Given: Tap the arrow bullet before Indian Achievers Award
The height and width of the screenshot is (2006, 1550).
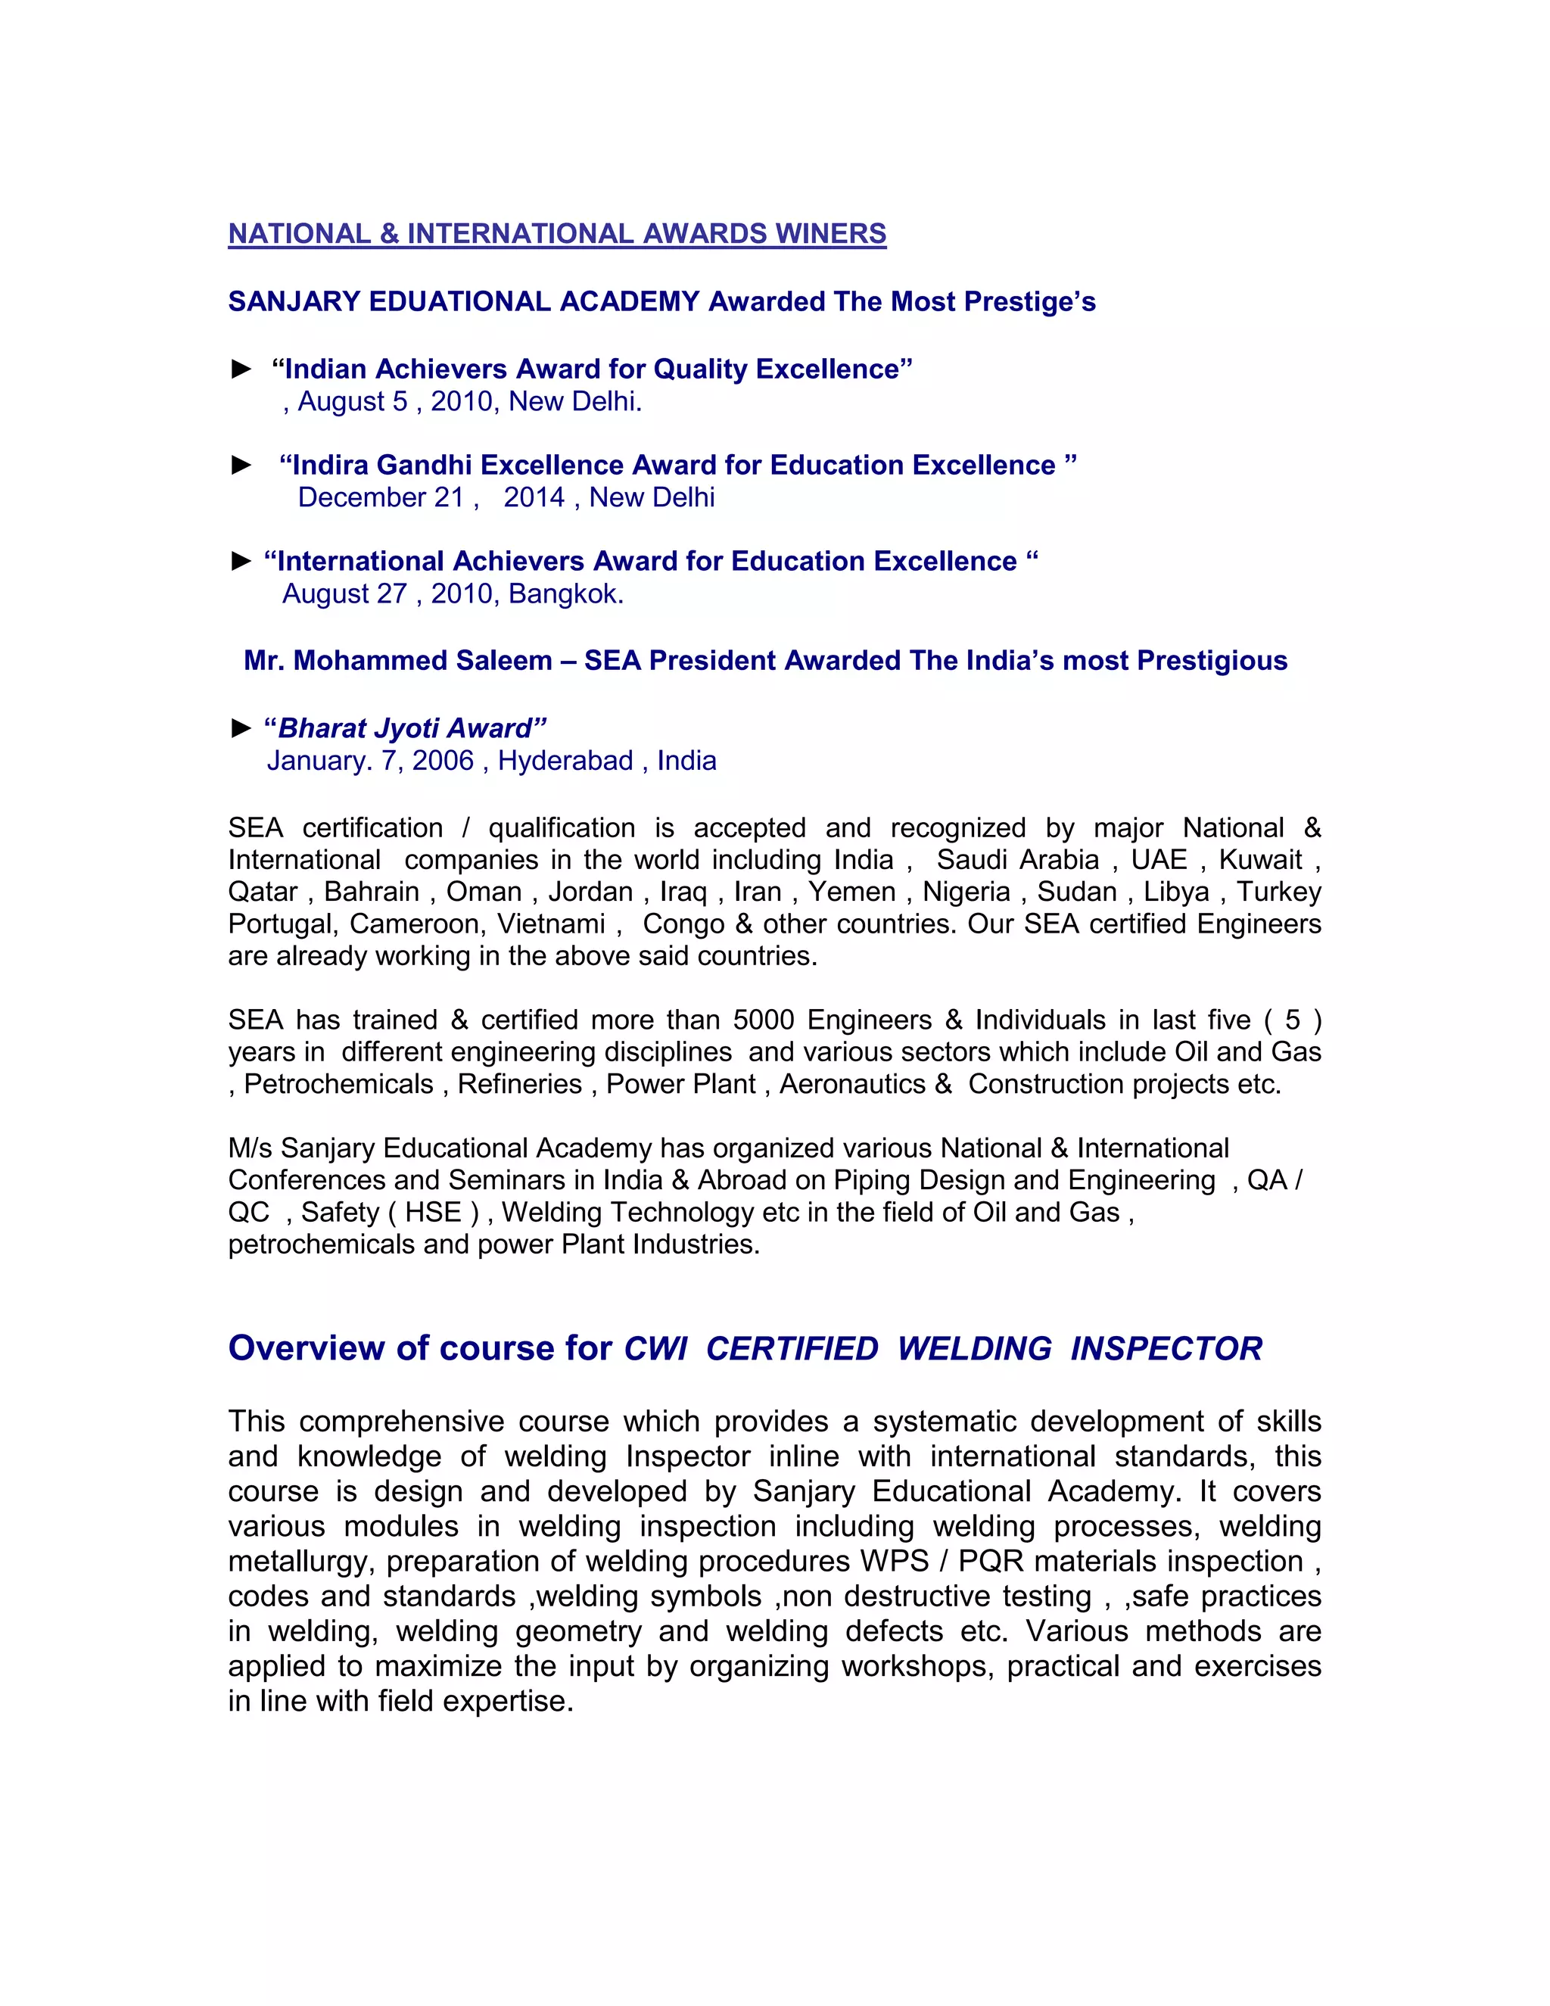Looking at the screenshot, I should [241, 369].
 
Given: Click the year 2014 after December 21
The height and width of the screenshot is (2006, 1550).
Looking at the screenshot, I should [534, 498].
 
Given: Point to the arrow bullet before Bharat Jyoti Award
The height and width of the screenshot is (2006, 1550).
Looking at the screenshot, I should [241, 728].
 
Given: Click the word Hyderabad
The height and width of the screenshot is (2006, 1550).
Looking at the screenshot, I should [565, 761].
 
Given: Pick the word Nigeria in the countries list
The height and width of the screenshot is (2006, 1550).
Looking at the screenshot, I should [966, 892].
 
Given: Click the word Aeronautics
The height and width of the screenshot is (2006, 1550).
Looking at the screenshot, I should [852, 1085].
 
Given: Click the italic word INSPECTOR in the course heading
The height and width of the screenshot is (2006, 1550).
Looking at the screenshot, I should [1166, 1348].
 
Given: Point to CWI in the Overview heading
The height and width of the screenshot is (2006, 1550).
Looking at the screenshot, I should [655, 1348].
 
